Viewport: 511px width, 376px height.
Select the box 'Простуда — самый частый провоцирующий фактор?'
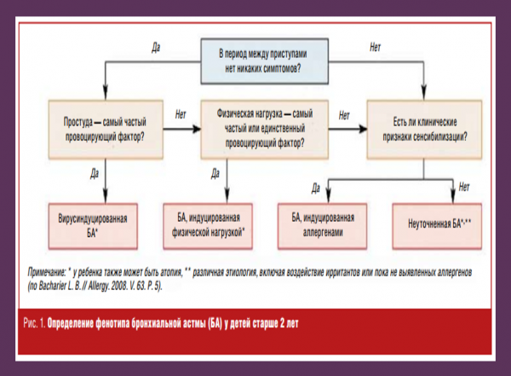[x=105, y=127]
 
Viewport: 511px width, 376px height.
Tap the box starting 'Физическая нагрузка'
[x=255, y=127]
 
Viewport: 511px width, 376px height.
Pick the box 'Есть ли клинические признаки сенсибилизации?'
[x=422, y=127]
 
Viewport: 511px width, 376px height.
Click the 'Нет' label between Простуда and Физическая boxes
[x=181, y=113]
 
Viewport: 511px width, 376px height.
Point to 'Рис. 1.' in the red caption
[x=33, y=324]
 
